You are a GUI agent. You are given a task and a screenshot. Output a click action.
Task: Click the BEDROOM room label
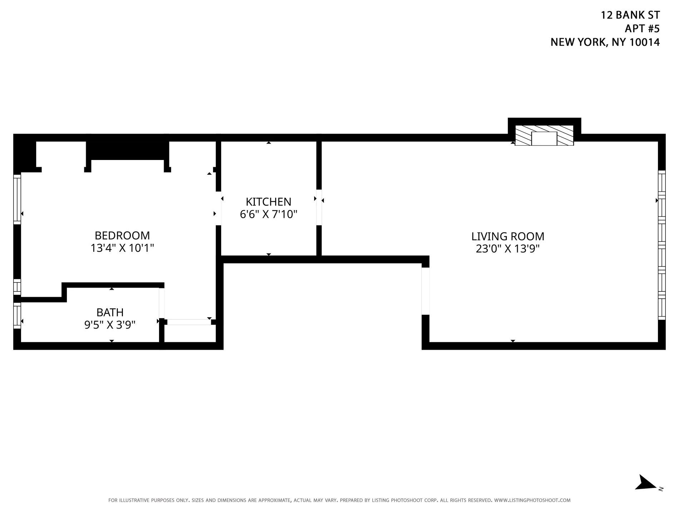pyautogui.click(x=122, y=236)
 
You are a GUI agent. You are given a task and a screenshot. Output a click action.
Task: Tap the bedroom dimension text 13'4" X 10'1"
pyautogui.click(x=122, y=248)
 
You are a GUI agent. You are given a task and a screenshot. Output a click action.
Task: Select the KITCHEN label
pyautogui.click(x=268, y=202)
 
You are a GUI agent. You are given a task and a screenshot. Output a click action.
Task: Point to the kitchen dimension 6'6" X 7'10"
pyautogui.click(x=268, y=214)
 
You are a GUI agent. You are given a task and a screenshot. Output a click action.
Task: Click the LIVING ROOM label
pyautogui.click(x=507, y=236)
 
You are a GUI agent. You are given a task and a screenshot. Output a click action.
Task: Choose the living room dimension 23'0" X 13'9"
pyautogui.click(x=507, y=249)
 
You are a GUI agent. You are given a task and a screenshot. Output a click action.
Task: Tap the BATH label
pyautogui.click(x=110, y=313)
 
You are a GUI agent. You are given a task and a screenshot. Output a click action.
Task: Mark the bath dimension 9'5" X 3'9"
pyautogui.click(x=110, y=325)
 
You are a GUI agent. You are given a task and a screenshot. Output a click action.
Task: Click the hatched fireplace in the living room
pyautogui.click(x=544, y=136)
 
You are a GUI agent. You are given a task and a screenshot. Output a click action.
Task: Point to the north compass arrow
pyautogui.click(x=647, y=493)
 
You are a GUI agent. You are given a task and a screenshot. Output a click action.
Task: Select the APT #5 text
pyautogui.click(x=642, y=29)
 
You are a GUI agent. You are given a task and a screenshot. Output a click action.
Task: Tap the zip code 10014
pyautogui.click(x=644, y=42)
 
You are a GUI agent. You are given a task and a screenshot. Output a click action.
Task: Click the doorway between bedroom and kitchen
pyautogui.click(x=218, y=209)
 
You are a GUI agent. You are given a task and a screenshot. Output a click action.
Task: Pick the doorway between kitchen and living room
pyautogui.click(x=319, y=207)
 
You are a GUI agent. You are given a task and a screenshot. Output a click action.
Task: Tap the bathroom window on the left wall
pyautogui.click(x=17, y=315)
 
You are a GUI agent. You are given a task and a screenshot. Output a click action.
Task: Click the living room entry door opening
pyautogui.click(x=425, y=291)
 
